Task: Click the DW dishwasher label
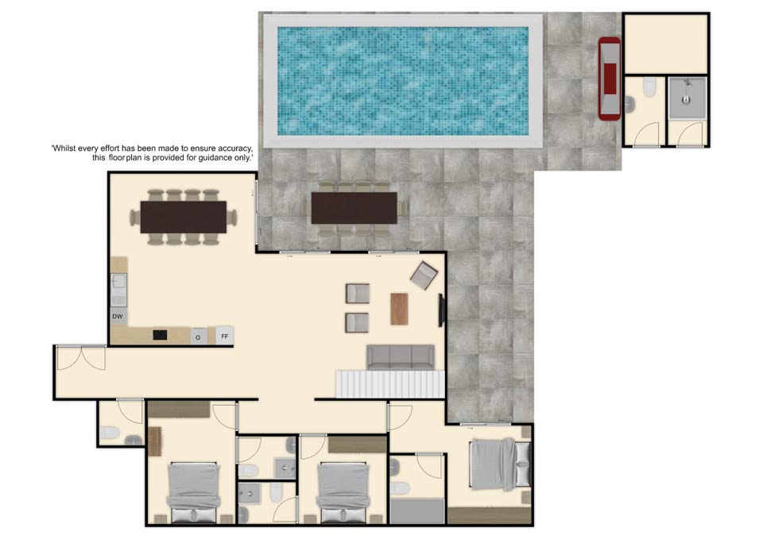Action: click(118, 317)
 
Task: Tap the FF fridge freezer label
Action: click(225, 337)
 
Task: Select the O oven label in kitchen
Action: click(198, 337)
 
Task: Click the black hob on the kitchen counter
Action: click(160, 335)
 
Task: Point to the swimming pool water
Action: click(403, 81)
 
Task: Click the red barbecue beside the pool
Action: click(610, 79)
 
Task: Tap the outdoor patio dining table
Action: click(354, 208)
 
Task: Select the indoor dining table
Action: click(184, 217)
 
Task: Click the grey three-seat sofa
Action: click(401, 357)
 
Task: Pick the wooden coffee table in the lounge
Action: click(400, 309)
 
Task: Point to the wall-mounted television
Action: click(442, 310)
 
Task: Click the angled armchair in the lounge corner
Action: click(424, 275)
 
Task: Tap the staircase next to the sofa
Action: click(390, 384)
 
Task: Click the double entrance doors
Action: click(81, 357)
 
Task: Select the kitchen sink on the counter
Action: click(118, 290)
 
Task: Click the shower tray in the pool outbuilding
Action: click(687, 97)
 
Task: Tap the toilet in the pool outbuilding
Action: click(649, 87)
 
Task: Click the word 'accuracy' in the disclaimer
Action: click(233, 148)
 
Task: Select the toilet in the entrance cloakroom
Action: click(109, 433)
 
